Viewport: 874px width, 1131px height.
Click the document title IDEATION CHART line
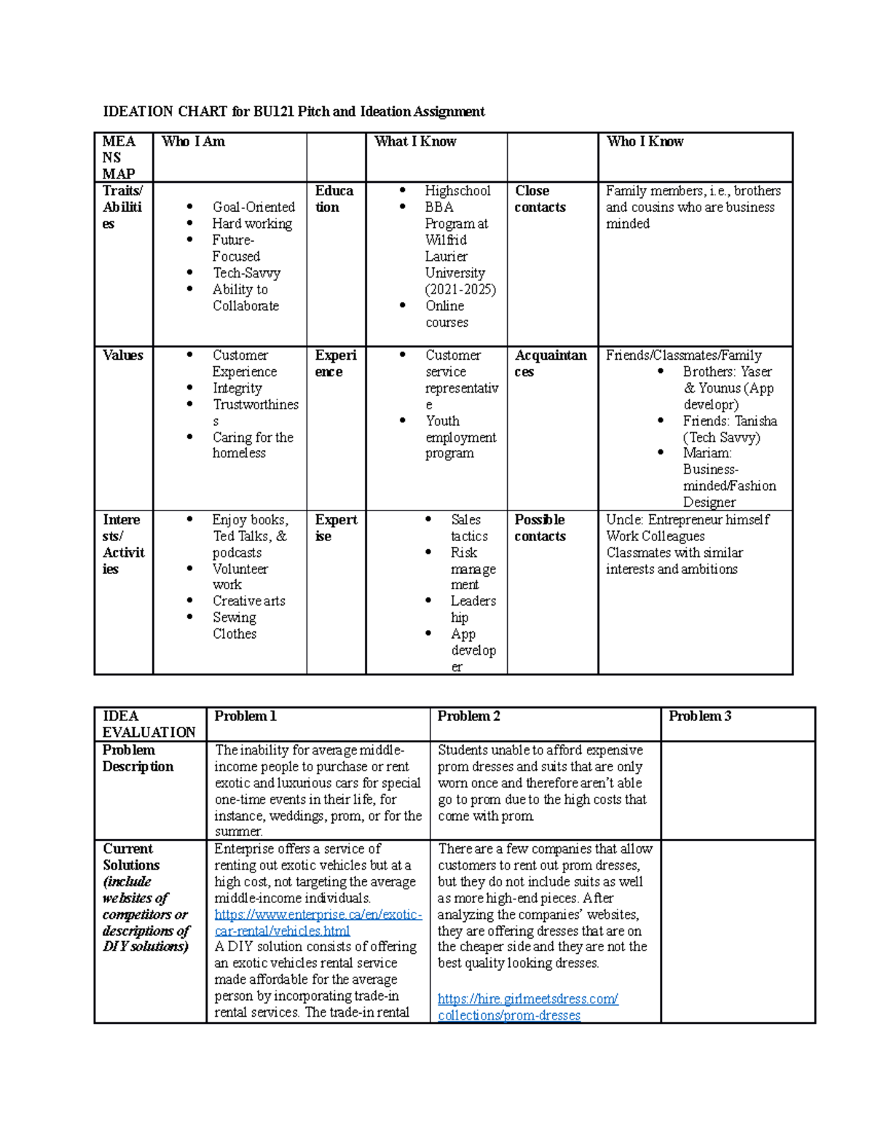pyautogui.click(x=294, y=111)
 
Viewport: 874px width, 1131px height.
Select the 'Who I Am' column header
pyautogui.click(x=193, y=141)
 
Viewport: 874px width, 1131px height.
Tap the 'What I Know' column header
pyautogui.click(x=415, y=141)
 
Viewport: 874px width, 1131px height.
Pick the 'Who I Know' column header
pyautogui.click(x=645, y=141)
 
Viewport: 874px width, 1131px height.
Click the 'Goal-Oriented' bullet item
pyautogui.click(x=253, y=208)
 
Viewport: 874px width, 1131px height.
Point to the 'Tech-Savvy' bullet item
pyautogui.click(x=246, y=273)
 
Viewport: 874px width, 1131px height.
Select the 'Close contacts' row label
pyautogui.click(x=540, y=199)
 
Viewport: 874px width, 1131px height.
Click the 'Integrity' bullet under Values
pyautogui.click(x=237, y=388)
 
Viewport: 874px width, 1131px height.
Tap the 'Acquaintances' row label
pyautogui.click(x=550, y=363)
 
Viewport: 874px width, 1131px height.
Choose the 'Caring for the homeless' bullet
pyautogui.click(x=252, y=445)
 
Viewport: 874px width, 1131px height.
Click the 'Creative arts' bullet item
pyautogui.click(x=248, y=601)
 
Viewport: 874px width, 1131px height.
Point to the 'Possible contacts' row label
pyautogui.click(x=540, y=528)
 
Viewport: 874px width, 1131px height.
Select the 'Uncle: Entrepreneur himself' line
pyautogui.click(x=687, y=520)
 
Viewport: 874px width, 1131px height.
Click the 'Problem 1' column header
pyautogui.click(x=245, y=716)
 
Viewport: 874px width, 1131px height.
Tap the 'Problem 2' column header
pyautogui.click(x=468, y=716)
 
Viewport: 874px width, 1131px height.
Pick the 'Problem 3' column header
pyautogui.click(x=699, y=716)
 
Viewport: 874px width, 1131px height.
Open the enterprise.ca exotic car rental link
pyautogui.click(x=318, y=923)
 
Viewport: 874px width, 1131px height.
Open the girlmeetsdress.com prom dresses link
pyautogui.click(x=527, y=1007)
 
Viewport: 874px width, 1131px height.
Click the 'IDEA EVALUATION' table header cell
pyautogui.click(x=149, y=724)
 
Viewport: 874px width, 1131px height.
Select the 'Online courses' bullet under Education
pyautogui.click(x=446, y=314)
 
